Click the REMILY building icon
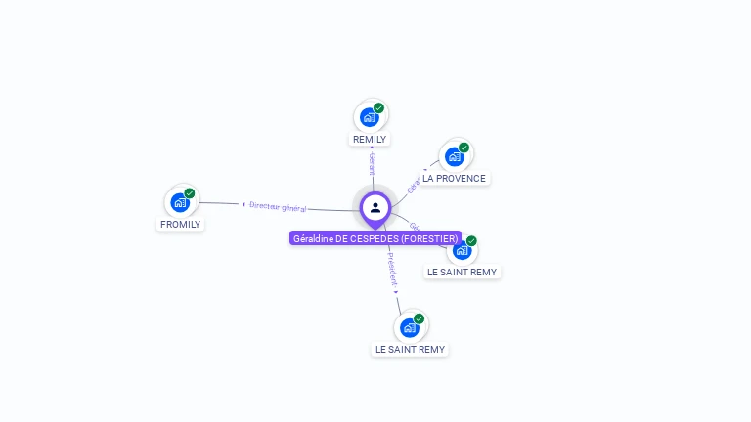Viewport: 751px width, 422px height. (x=370, y=117)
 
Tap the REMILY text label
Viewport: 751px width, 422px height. (x=370, y=140)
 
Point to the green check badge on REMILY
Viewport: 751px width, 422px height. (x=378, y=108)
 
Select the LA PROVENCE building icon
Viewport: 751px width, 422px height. (x=455, y=156)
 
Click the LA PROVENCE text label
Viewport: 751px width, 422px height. (x=454, y=179)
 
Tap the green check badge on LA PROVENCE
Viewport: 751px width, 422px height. (x=464, y=148)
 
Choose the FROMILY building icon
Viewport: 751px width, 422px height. (x=180, y=202)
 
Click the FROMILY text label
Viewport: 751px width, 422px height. (x=180, y=225)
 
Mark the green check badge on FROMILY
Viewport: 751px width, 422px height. (x=190, y=193)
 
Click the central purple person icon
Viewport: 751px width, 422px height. (x=375, y=207)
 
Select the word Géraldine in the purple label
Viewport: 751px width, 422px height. (x=313, y=238)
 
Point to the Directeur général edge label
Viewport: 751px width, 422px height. (x=278, y=207)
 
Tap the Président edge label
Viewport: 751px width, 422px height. (x=392, y=271)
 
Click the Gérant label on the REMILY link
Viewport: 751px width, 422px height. (x=372, y=163)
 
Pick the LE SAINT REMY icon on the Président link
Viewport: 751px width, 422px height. (x=410, y=327)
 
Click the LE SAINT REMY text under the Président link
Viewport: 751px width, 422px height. (x=410, y=350)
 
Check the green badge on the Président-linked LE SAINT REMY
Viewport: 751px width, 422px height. (x=419, y=318)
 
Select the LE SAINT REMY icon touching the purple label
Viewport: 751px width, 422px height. (x=463, y=250)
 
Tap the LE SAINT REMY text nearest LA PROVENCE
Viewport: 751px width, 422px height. (x=462, y=273)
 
